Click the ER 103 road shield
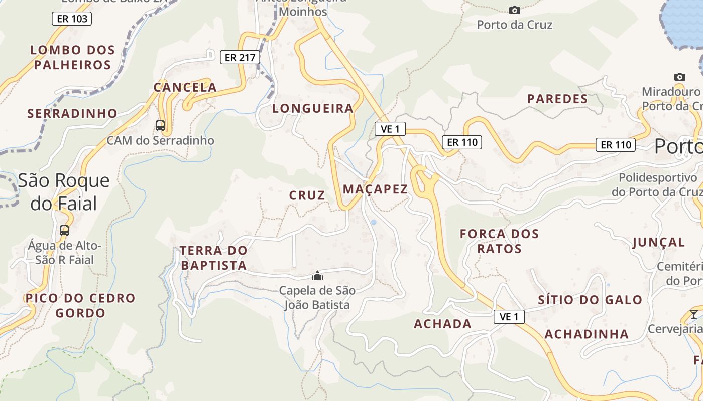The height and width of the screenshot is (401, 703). point(72,19)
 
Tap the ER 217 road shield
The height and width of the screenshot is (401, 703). point(240,57)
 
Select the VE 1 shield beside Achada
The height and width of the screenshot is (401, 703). point(509,317)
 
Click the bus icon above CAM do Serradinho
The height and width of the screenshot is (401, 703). point(160,126)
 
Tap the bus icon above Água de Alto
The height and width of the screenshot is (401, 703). point(64,231)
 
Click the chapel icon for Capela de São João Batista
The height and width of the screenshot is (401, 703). point(317,276)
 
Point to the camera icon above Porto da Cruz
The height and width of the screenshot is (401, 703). point(514,10)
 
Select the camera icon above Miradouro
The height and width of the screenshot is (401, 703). point(679,77)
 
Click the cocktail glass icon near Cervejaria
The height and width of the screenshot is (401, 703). point(693,314)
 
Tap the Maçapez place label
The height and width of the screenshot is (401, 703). point(375,189)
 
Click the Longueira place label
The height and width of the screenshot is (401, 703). point(313,108)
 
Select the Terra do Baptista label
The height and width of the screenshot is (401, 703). point(214,258)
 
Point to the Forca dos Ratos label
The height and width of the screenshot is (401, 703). point(499,241)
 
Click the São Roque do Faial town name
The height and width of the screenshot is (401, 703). point(64,191)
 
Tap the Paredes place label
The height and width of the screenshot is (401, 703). point(557,99)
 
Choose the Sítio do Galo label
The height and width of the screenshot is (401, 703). point(590,300)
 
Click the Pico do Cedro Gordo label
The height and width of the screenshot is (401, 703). point(80,305)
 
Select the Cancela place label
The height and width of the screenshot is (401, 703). point(185,87)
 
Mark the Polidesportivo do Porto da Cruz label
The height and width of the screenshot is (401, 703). point(657,184)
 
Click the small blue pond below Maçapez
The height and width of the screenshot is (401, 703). point(373,222)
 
